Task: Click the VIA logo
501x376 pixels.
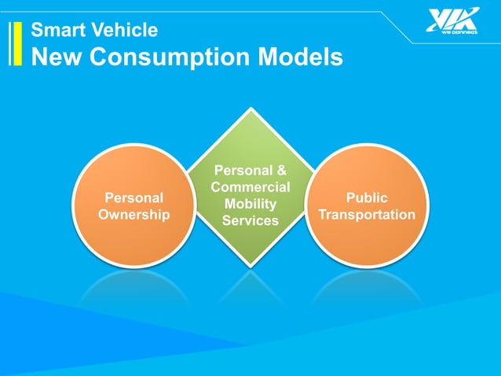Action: point(452,19)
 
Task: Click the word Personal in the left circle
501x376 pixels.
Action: point(133,198)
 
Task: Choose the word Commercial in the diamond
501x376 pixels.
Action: point(251,187)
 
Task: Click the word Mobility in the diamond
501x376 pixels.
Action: point(251,204)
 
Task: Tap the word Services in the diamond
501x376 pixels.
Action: point(251,220)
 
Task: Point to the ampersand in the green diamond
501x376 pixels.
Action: point(282,170)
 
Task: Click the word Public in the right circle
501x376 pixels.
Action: point(367,198)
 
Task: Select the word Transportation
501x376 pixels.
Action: point(367,214)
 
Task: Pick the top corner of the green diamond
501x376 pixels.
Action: point(251,111)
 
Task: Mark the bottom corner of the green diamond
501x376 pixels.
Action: point(251,264)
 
